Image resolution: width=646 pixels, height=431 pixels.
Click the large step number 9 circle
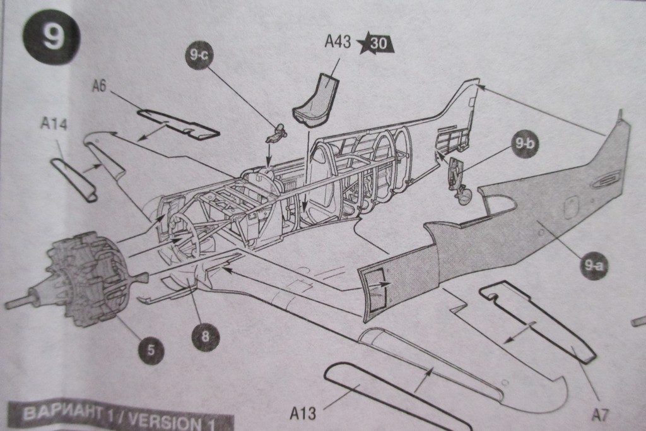coord(51,37)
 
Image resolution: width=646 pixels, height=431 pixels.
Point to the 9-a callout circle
coord(593,266)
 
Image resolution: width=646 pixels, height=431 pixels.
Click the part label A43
coord(338,43)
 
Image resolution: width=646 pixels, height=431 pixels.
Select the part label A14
coord(54,123)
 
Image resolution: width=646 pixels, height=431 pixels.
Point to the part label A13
coord(303,414)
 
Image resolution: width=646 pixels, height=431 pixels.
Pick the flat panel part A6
coord(178,125)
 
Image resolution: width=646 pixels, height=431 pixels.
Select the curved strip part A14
coord(73,179)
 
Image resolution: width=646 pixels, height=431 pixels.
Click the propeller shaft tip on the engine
coord(10,304)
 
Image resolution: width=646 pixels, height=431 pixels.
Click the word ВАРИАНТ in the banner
coord(61,414)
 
